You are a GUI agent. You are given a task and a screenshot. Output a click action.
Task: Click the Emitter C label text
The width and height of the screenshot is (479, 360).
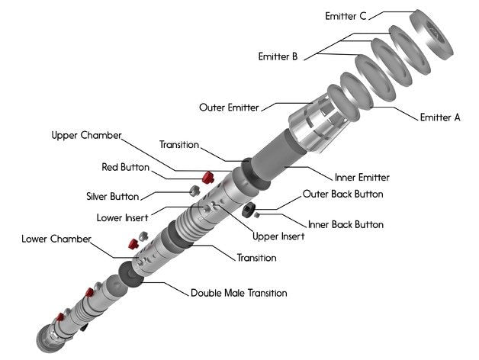tap(346, 15)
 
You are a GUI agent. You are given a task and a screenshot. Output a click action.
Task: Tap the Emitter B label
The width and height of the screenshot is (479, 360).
tap(278, 56)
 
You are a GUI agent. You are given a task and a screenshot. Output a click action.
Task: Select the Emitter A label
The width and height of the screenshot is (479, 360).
tap(440, 117)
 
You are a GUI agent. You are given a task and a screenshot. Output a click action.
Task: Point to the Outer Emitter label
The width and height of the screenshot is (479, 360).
tap(229, 107)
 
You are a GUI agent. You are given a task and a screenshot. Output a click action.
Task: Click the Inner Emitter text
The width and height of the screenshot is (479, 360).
tap(362, 177)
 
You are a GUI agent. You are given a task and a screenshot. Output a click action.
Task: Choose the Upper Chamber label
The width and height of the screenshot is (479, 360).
tap(86, 136)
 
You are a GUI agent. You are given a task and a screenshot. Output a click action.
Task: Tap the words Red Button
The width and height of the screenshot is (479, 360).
tap(125, 167)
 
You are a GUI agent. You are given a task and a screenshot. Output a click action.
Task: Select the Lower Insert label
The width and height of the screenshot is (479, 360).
tap(122, 217)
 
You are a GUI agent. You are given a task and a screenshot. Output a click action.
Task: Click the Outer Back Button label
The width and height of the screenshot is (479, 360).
tap(343, 194)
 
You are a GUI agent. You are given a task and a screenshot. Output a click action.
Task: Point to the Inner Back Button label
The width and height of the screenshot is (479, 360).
tap(345, 224)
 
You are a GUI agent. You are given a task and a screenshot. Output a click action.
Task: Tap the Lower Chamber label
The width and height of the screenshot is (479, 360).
tap(56, 239)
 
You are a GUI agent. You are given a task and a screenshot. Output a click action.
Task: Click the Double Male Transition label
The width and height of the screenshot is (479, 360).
tap(239, 293)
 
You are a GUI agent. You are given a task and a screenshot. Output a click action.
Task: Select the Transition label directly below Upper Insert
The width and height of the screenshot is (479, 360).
tap(256, 258)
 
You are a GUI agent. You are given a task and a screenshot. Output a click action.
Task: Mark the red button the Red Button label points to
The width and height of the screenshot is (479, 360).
tap(204, 178)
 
